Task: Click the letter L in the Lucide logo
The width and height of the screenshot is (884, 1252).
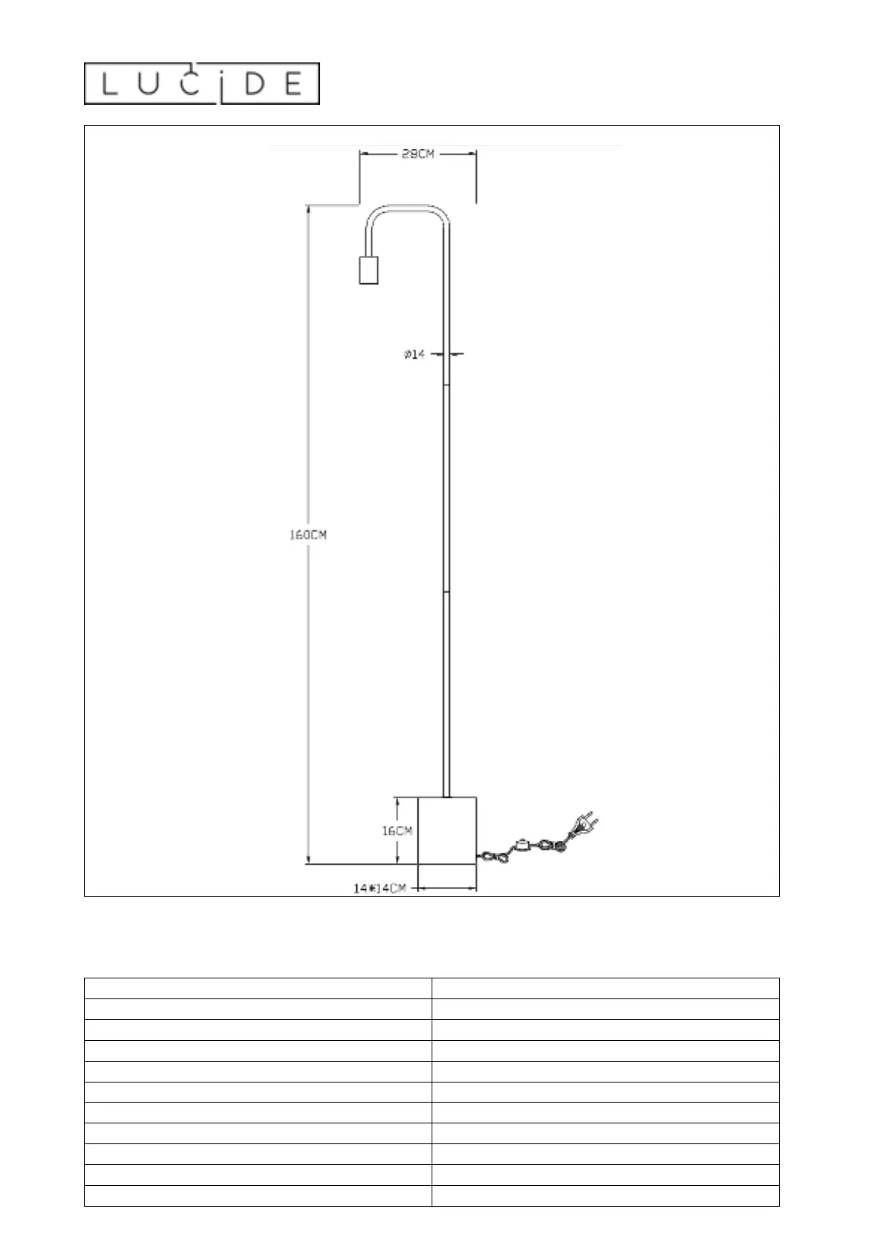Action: [110, 83]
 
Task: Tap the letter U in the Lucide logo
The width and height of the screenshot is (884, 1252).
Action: [149, 83]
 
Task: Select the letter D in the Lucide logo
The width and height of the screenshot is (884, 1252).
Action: [255, 83]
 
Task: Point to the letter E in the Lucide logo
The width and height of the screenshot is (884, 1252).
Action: [293, 83]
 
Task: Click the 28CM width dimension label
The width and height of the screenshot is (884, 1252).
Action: [417, 154]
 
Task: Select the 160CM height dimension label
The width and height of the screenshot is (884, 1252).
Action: [308, 535]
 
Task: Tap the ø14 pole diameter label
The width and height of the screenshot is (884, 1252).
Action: [415, 355]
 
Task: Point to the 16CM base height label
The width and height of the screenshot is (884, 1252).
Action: [397, 830]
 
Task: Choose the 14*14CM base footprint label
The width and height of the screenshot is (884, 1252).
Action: [380, 888]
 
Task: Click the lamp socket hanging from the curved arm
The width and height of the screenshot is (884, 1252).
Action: [368, 269]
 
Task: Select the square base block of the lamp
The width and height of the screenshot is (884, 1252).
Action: [446, 830]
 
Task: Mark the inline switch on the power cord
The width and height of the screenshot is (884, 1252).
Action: [524, 844]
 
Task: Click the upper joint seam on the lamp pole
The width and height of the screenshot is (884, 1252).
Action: [446, 385]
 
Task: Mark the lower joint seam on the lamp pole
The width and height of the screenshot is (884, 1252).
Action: [446, 592]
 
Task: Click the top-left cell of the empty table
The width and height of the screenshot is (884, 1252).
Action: [258, 988]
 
